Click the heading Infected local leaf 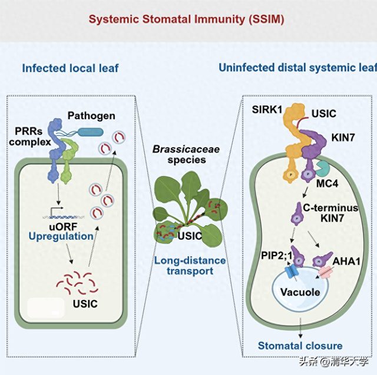point(70,68)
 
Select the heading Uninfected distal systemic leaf point(297,68)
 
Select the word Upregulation point(61,236)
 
